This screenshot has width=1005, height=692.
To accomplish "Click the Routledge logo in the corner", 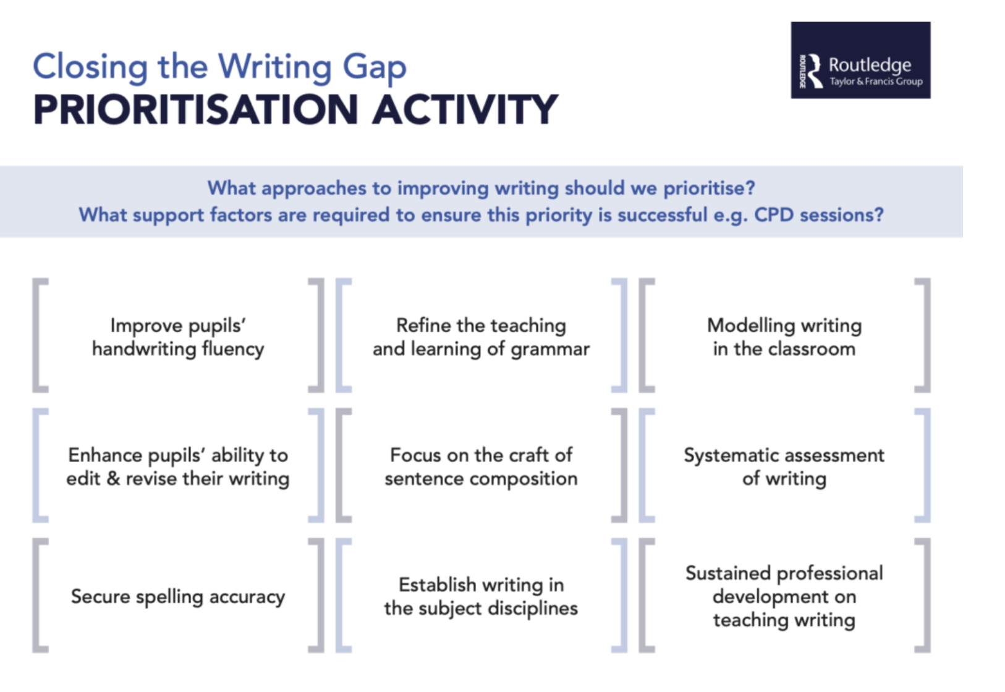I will (860, 61).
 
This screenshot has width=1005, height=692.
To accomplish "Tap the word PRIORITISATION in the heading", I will (195, 110).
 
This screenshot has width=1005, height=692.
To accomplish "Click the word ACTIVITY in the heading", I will (465, 110).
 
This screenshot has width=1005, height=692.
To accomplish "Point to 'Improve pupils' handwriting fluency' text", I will (178, 337).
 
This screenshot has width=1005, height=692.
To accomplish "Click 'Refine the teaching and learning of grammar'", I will (481, 337).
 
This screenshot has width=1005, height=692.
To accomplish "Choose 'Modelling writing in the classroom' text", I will (784, 337).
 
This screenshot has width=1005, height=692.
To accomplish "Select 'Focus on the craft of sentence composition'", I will (481, 466).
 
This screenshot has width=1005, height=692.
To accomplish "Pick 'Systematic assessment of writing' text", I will (784, 466).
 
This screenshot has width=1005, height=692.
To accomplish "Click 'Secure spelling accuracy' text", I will (178, 596).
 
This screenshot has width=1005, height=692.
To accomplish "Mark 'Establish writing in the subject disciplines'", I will (481, 596).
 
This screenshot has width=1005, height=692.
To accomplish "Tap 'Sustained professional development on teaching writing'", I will (784, 596).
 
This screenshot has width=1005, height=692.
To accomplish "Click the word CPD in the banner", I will (774, 214).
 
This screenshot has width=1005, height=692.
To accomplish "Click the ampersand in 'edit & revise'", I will (113, 479).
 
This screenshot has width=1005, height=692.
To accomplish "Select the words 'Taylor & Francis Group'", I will (876, 82).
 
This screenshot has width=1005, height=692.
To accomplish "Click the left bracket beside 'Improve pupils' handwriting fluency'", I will (39, 335).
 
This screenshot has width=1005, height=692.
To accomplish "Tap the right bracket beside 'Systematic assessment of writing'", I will (923, 465).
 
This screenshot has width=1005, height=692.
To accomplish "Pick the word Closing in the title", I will (90, 67).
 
